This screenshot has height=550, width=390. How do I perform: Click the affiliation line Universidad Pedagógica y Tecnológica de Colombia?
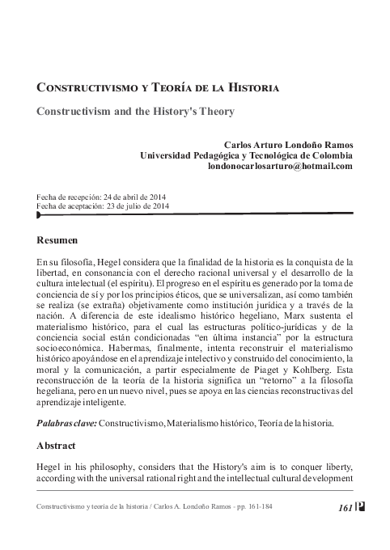[x=246, y=155]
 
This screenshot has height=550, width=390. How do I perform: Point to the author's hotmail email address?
[x=281, y=166]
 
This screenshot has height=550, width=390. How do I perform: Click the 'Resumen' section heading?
[x=57, y=240]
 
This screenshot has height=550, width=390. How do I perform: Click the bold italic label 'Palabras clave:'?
[x=66, y=423]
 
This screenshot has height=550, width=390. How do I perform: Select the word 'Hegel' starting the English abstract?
[x=49, y=467]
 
